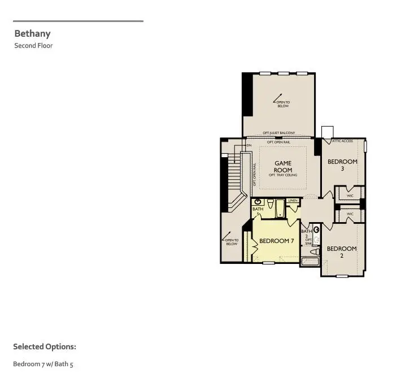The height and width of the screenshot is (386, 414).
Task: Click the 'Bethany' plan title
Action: click(32, 33)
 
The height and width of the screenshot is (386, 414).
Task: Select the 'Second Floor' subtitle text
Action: click(33, 46)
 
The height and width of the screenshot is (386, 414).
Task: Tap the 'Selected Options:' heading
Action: click(44, 346)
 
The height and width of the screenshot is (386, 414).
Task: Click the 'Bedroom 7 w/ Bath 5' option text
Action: click(43, 364)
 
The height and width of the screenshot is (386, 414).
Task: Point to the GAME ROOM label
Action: click(283, 166)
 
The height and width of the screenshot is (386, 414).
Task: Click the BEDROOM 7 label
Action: click(277, 241)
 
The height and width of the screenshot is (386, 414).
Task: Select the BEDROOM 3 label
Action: click(342, 164)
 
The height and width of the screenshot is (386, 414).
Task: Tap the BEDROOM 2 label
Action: click(342, 251)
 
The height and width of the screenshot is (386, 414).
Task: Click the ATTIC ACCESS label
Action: click(342, 141)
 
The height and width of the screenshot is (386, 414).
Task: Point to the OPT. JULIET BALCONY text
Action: click(279, 133)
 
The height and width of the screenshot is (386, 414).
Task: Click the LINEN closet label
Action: click(293, 201)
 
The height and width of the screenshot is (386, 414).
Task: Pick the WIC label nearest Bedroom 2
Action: click(350, 214)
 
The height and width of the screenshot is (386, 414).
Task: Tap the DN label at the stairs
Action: click(249, 146)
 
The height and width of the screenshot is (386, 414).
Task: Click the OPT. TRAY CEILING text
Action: click(283, 175)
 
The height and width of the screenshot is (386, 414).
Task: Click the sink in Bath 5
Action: click(258, 201)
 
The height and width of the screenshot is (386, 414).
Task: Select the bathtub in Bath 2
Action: click(310, 261)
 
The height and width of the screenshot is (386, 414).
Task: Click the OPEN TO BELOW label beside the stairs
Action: click(232, 242)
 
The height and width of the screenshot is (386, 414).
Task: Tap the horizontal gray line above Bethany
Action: click(78, 21)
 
